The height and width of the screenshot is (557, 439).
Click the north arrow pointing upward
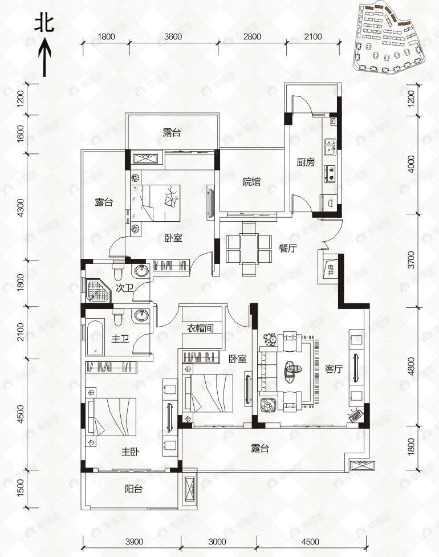pyautogui.click(x=44, y=57)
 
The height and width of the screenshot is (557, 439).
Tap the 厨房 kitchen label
pyautogui.click(x=306, y=162)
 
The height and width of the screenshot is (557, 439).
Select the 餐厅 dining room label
pyautogui.click(x=287, y=248)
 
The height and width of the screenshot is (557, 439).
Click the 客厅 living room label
pyautogui.click(x=334, y=369)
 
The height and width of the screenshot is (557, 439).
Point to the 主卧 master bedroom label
pyautogui.click(x=130, y=452)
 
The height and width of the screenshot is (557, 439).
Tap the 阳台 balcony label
pyautogui.click(x=133, y=489)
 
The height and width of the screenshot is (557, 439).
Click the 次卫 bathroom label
pyautogui.click(x=124, y=288)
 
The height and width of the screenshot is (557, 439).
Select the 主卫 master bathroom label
pyautogui.click(x=120, y=339)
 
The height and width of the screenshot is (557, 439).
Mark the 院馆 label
pyautogui.click(x=251, y=182)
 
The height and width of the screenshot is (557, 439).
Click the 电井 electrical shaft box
pyautogui.click(x=330, y=269)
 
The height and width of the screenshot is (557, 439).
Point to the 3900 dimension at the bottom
pyautogui.click(x=134, y=542)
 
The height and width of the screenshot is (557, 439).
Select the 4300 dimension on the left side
pyautogui.click(x=21, y=206)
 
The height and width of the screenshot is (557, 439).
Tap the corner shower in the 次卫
pyautogui.click(x=95, y=290)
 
